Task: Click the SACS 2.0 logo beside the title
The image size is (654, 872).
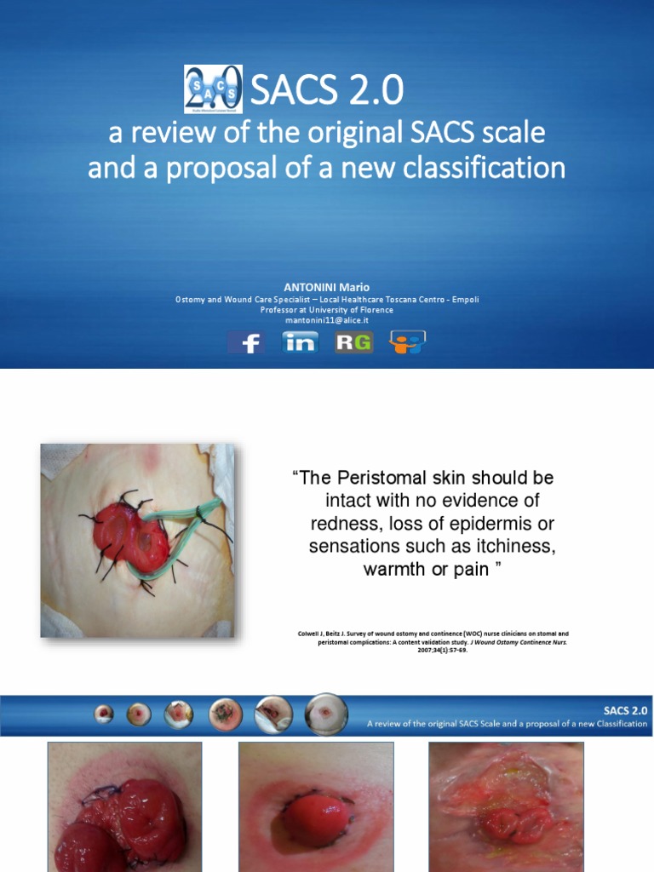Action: pos(213,89)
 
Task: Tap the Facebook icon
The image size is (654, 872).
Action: pos(246,342)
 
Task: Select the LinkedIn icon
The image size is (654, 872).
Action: pos(300,342)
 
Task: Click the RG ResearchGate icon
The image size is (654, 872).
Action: pos(353,342)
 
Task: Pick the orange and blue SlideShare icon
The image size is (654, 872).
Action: pos(407,342)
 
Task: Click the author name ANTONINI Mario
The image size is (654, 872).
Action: pos(326,288)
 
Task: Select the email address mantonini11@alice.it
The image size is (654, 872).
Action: pos(326,321)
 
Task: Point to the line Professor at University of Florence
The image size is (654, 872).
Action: pos(326,310)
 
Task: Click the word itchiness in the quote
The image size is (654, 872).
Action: pos(513,547)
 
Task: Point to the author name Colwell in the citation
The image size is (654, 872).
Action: pos(309,634)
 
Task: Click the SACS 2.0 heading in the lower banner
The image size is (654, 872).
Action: pos(626,708)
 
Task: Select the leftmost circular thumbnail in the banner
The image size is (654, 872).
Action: pos(104,714)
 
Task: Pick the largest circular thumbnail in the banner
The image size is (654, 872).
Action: pos(326,714)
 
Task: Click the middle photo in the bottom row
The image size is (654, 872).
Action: pos(316,806)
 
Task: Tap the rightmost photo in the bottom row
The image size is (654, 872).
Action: pos(506,806)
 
